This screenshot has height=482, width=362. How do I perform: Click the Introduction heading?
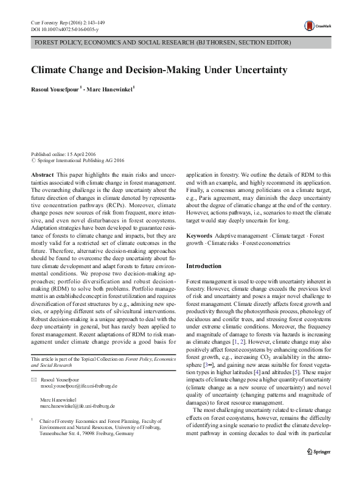(204, 266)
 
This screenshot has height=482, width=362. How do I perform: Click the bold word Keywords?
(199, 235)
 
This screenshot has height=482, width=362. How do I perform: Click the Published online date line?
(63, 155)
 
